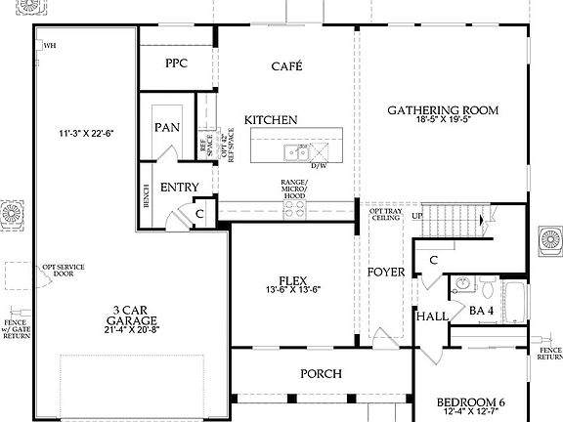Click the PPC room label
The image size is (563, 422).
[x=176, y=63]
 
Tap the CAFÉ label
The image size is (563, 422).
[x=286, y=66]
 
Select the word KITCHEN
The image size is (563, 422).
[x=271, y=119]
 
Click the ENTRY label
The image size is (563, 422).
[x=179, y=188]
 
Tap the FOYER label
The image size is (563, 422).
[x=386, y=272]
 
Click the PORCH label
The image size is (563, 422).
[x=321, y=373]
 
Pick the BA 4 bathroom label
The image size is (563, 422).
[x=482, y=310]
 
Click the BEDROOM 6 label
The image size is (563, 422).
[x=471, y=402]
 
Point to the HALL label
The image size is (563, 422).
[x=431, y=317]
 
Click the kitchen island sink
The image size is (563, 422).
[x=294, y=151]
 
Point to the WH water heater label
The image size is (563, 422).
[x=50, y=45]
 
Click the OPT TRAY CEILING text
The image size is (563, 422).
[x=384, y=215]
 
